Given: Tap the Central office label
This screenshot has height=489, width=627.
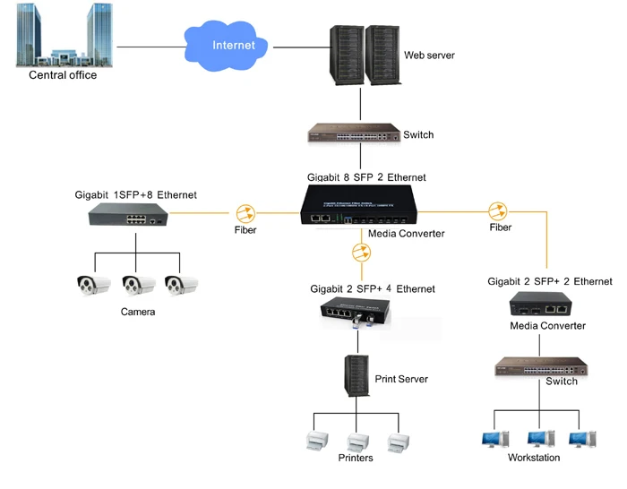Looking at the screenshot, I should coord(63,75).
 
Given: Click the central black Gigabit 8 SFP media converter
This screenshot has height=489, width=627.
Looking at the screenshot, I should coord(362,208).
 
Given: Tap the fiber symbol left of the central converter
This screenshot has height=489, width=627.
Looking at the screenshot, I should coord(245,214).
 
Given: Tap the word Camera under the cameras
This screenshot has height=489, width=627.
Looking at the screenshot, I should coord(138,313).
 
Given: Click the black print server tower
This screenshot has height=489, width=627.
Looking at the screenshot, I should coord(357,376).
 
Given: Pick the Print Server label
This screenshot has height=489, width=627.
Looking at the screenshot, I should coord(400,380).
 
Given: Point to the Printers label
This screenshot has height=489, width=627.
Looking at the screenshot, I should coord(356,459).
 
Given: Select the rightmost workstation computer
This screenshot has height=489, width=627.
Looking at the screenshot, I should coord(578,439).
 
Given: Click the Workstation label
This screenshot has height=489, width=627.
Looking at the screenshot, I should coord(534,459).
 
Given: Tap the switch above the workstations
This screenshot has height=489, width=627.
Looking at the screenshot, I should coord(541,365).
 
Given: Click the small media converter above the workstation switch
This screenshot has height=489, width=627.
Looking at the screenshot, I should coord(544,305).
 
